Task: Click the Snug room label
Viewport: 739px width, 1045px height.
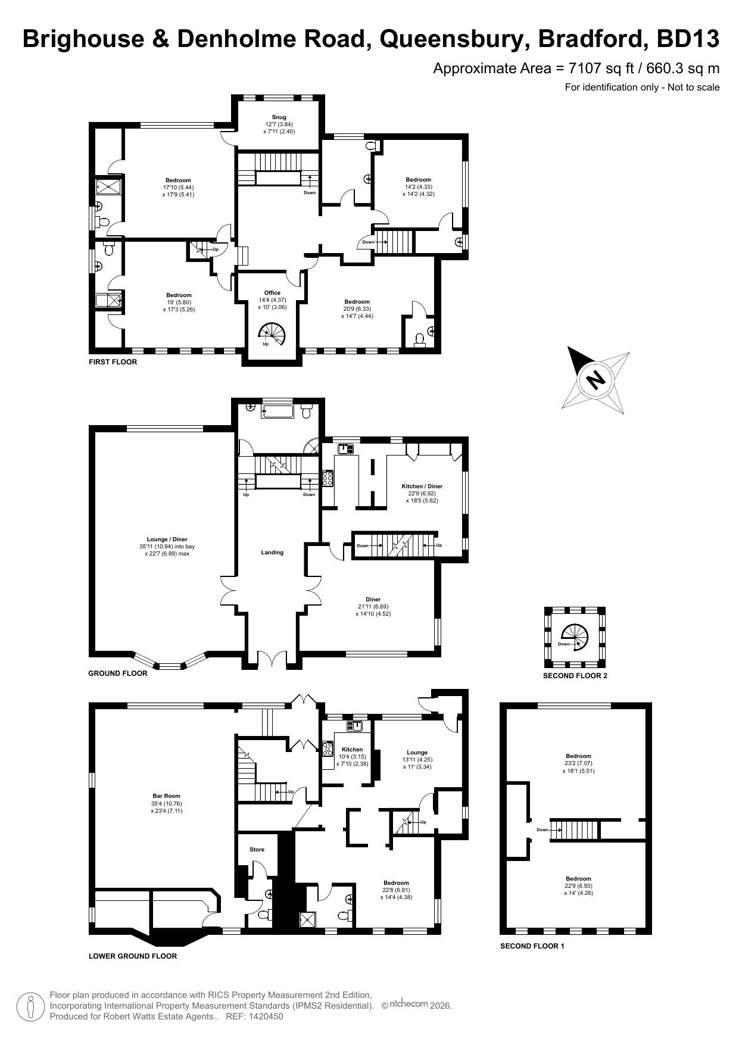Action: (279, 117)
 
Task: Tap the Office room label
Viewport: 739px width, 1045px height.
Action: (272, 293)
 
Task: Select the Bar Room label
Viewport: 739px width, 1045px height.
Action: (166, 796)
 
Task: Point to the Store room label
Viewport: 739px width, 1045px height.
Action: (257, 850)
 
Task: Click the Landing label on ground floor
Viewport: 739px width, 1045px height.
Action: (272, 553)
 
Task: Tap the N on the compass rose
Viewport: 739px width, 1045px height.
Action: (595, 379)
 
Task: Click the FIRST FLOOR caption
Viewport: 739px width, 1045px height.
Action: (113, 362)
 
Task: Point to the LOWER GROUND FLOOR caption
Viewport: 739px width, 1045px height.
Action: (132, 956)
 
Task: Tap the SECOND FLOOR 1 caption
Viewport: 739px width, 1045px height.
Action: (532, 946)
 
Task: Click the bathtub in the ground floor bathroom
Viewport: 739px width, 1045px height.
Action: (279, 412)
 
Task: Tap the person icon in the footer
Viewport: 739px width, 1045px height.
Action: (30, 1006)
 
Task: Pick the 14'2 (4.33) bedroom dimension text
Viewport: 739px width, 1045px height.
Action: (418, 187)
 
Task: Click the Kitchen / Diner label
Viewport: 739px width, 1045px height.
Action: (422, 486)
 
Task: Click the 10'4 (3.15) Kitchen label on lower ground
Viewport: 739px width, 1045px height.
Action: (352, 757)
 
